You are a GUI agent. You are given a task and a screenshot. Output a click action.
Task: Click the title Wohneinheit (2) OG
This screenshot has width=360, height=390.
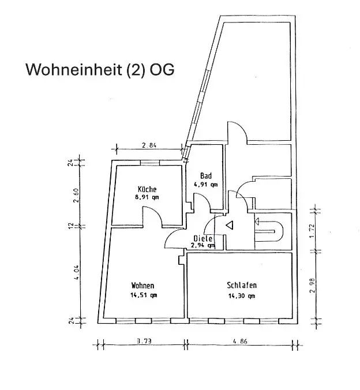click(x=99, y=70)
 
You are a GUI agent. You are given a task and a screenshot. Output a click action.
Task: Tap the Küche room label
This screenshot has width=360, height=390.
click(x=147, y=189)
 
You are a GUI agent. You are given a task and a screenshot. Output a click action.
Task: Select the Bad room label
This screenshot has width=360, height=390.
click(x=206, y=176)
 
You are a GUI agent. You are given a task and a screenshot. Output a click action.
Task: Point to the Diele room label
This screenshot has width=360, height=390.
click(x=202, y=239)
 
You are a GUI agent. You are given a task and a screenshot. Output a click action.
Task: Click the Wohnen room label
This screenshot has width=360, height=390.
click(x=142, y=286)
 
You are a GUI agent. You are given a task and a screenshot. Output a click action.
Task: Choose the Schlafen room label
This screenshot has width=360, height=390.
click(x=242, y=286)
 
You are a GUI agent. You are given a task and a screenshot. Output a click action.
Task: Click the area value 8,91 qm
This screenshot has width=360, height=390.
click(x=147, y=197)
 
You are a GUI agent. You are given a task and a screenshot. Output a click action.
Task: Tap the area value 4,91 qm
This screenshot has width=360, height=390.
click(x=206, y=185)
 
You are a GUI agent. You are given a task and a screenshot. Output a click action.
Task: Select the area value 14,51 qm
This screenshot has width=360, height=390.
click(x=142, y=295)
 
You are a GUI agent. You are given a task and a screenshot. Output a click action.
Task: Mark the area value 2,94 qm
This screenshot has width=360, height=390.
click(x=202, y=245)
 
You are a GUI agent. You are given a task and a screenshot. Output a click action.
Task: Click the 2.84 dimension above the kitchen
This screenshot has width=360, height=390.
click(x=149, y=145)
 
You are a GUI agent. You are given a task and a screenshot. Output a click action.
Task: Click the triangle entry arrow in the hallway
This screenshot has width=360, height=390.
click(x=228, y=226)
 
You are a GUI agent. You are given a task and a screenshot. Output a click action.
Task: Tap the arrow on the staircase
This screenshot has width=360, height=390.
click(x=257, y=221)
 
